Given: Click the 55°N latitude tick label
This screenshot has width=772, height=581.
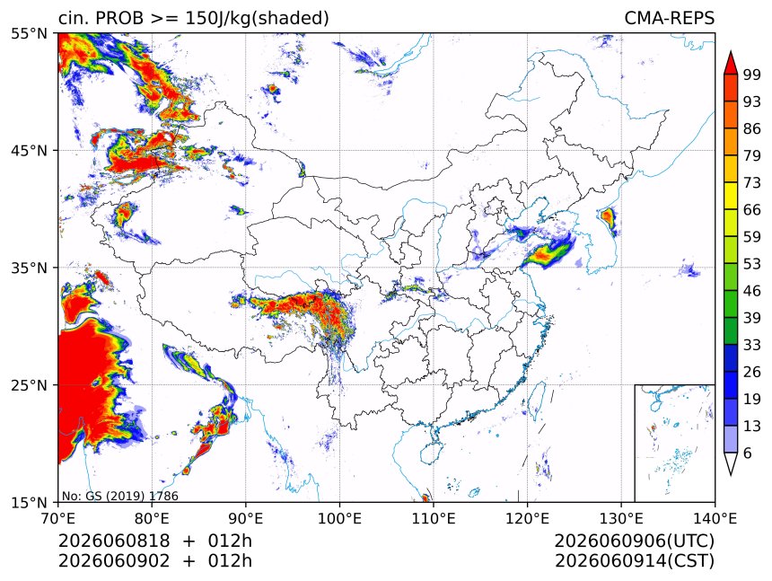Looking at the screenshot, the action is click(x=29, y=33).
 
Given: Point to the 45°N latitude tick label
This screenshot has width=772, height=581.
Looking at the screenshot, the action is click(x=29, y=150).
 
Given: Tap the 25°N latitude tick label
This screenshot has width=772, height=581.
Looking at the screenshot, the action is click(x=29, y=384).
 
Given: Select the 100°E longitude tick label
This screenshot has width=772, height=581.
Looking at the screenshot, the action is click(x=339, y=518).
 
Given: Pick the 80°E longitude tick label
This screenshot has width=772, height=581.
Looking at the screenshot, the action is click(x=152, y=518).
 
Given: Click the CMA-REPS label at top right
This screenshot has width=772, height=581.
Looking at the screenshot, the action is click(x=669, y=18).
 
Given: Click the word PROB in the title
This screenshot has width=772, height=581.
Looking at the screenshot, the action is click(x=119, y=18).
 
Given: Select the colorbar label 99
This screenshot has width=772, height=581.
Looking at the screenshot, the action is click(x=752, y=75).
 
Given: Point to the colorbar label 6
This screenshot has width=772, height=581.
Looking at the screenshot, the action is click(x=748, y=453).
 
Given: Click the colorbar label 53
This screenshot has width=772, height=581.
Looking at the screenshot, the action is click(x=752, y=264).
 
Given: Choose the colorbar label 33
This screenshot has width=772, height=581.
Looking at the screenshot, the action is click(x=752, y=345).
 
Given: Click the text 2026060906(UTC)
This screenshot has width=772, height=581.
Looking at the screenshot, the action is click(x=634, y=541).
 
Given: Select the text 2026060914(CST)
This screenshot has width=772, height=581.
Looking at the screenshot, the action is click(x=635, y=561).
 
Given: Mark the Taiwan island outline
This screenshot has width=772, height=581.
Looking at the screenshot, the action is click(x=536, y=399).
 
